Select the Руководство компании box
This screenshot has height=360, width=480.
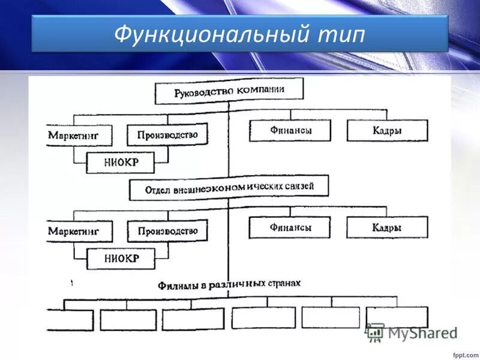coord(229,92)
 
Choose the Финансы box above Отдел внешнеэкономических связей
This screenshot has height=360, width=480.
coord(290,130)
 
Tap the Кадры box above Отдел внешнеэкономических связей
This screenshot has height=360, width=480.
coord(387,131)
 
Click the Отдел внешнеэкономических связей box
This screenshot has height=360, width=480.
coord(229,188)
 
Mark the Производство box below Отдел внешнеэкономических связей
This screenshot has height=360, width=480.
coord(167,230)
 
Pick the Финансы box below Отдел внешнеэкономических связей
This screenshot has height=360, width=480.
coord(290,227)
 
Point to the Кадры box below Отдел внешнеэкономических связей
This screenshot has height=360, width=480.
coord(387,227)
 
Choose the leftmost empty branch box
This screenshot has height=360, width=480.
coord(70,320)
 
